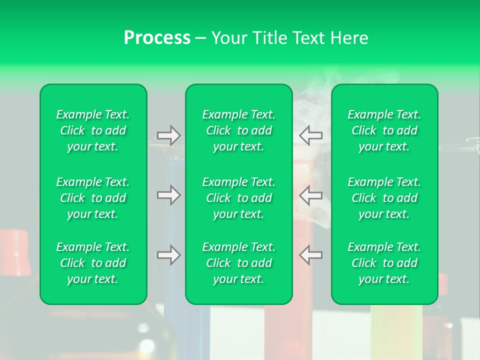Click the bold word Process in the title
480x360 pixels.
157,38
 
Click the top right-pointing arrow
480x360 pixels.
168,135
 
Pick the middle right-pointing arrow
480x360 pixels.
168,195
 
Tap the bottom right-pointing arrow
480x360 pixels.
168,255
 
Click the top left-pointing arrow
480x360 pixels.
310,135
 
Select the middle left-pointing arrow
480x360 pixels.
310,195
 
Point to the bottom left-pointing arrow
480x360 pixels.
310,255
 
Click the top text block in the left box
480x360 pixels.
93,130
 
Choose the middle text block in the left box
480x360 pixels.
93,198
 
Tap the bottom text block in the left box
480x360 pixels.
93,263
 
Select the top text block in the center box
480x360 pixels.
239,130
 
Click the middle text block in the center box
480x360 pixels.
239,198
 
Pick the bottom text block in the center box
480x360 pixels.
239,263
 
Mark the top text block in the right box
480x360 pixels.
384,130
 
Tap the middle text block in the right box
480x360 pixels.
384,198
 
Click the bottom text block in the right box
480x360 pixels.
384,263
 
